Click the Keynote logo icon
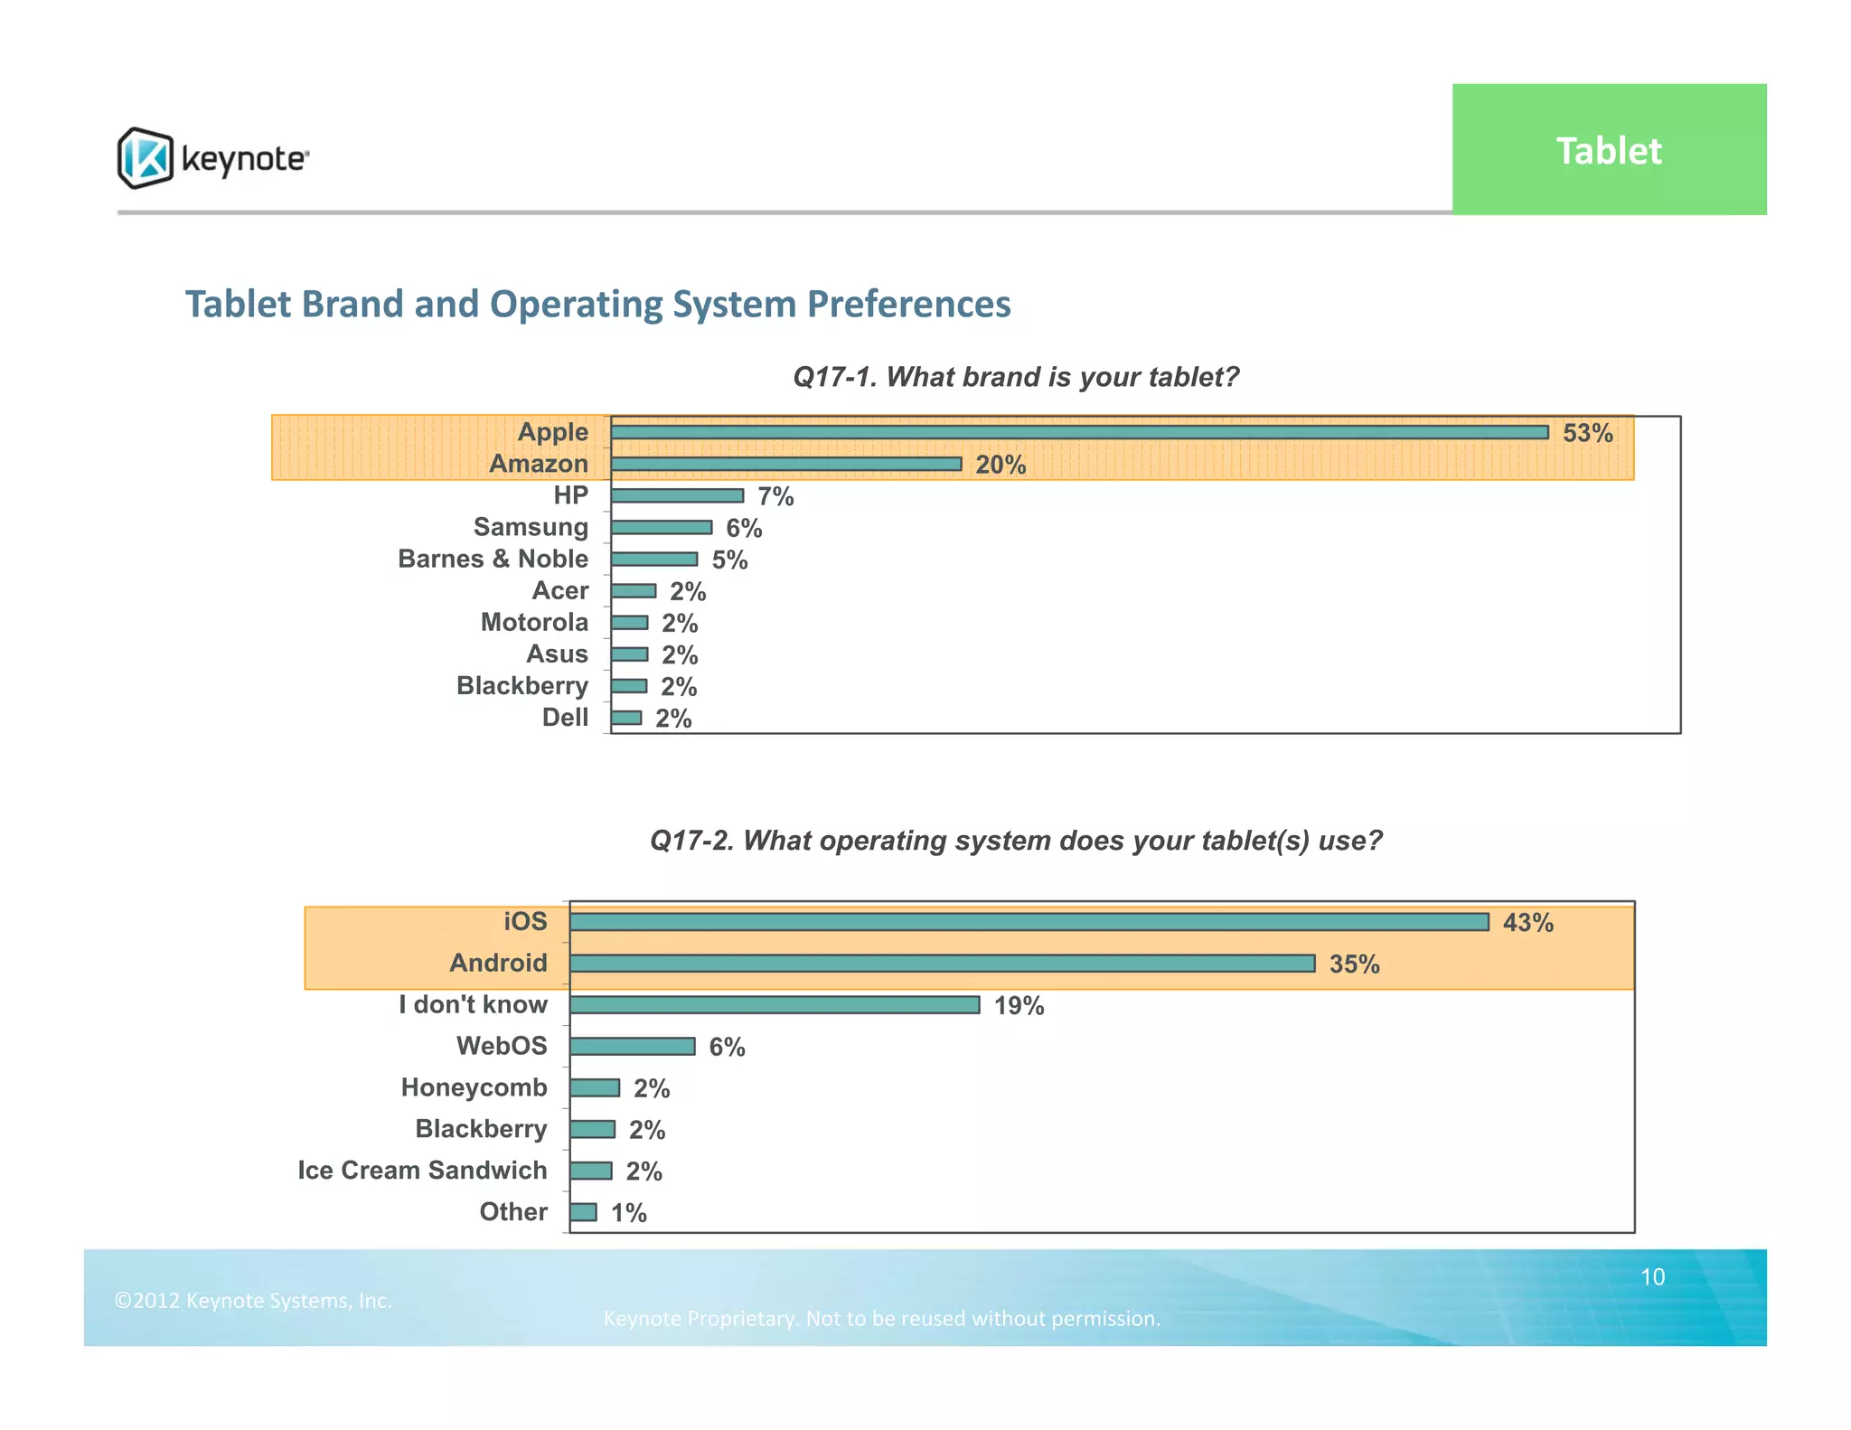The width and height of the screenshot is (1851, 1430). pyautogui.click(x=145, y=158)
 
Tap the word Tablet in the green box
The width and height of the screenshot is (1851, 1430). pyautogui.click(x=1608, y=151)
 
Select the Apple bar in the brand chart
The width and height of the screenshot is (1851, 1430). pyautogui.click(x=1079, y=432)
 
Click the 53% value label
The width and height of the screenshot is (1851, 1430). pyautogui.click(x=1587, y=433)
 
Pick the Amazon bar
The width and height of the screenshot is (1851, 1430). pyautogui.click(x=785, y=464)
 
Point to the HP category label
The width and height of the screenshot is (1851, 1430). pyautogui.click(x=570, y=495)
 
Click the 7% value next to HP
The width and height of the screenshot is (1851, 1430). pyautogui.click(x=775, y=496)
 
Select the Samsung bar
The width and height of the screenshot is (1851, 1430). pyautogui.click(x=661, y=527)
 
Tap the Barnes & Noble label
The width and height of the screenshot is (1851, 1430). pyautogui.click(x=493, y=559)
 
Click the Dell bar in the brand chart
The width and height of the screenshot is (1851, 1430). pyautogui.click(x=626, y=718)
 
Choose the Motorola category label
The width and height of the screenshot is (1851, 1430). pyautogui.click(x=534, y=622)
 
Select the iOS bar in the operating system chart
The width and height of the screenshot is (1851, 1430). pyautogui.click(x=1029, y=921)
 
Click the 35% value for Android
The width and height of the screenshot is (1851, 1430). pyautogui.click(x=1354, y=964)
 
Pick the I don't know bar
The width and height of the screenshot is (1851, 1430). pyautogui.click(x=775, y=1005)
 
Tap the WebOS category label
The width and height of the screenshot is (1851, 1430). pyautogui.click(x=502, y=1046)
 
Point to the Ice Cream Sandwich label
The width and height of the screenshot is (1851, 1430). pyautogui.click(x=422, y=1170)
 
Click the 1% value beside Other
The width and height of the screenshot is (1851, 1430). pyautogui.click(x=628, y=1213)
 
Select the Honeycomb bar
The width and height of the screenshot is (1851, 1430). pyautogui.click(x=595, y=1087)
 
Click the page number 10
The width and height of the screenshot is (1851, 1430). pyautogui.click(x=1652, y=1276)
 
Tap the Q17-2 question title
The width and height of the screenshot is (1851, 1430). pyautogui.click(x=1016, y=841)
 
